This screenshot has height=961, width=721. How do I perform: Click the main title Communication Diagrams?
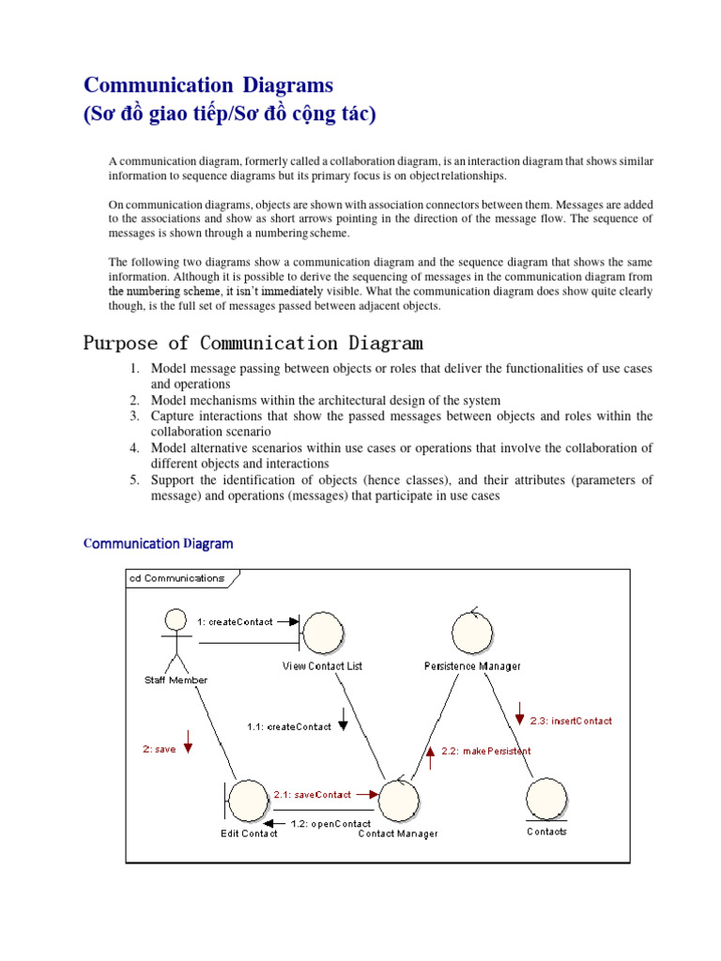(208, 85)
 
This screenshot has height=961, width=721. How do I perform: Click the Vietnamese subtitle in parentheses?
(229, 114)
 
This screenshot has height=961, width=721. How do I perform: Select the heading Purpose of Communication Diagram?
(253, 343)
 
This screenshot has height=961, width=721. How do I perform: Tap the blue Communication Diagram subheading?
(159, 543)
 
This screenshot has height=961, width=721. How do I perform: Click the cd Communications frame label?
(176, 578)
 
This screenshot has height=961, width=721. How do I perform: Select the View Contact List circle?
(322, 633)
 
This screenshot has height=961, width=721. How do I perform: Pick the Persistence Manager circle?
(472, 633)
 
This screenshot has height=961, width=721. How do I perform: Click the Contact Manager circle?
(398, 800)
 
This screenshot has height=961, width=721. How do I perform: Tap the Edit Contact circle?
(248, 800)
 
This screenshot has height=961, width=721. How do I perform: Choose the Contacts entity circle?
(546, 800)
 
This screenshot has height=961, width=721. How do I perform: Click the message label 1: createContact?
(235, 621)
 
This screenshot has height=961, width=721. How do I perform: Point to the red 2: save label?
(159, 749)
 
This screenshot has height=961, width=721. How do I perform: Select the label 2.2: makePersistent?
(485, 751)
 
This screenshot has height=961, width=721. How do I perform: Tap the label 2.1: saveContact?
(312, 793)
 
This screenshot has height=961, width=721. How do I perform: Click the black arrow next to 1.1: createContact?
(343, 719)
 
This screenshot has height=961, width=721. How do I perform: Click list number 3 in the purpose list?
(135, 416)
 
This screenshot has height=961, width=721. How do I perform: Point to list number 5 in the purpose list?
(135, 480)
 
